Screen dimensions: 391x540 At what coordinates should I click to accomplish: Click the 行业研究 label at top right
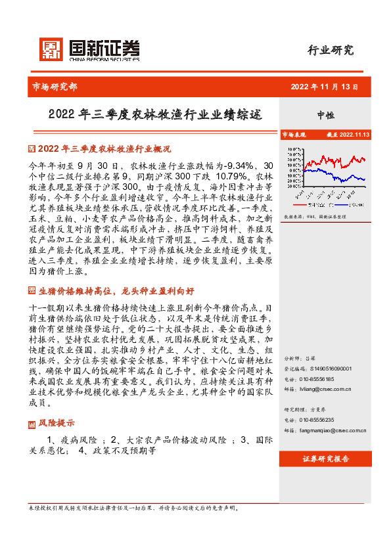tap(331, 50)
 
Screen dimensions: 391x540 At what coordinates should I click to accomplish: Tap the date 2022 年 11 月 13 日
tap(328, 86)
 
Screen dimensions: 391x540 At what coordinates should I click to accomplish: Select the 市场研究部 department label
tap(55, 86)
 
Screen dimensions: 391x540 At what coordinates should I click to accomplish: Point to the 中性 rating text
tap(326, 114)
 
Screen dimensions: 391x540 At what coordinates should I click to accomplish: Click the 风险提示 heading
tap(57, 404)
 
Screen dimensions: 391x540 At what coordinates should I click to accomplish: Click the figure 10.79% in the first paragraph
tap(233, 177)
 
